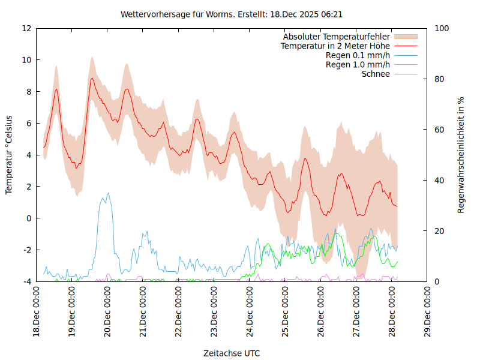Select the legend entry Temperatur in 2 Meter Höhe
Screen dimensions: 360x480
(335, 46)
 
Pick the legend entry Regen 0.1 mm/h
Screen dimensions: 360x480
(358, 55)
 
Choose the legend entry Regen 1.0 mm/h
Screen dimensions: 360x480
(358, 65)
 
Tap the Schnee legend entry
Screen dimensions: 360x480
(376, 74)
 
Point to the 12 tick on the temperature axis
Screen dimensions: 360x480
(26, 28)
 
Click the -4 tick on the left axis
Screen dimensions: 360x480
(26, 281)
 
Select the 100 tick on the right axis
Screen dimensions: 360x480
(441, 28)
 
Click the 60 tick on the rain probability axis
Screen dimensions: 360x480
(439, 130)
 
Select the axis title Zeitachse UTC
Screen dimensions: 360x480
(232, 353)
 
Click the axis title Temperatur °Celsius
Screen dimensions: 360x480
(9, 155)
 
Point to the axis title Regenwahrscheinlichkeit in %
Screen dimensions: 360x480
(461, 155)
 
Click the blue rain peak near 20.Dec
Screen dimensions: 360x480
(108, 193)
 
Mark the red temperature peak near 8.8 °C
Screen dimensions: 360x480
(92, 78)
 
